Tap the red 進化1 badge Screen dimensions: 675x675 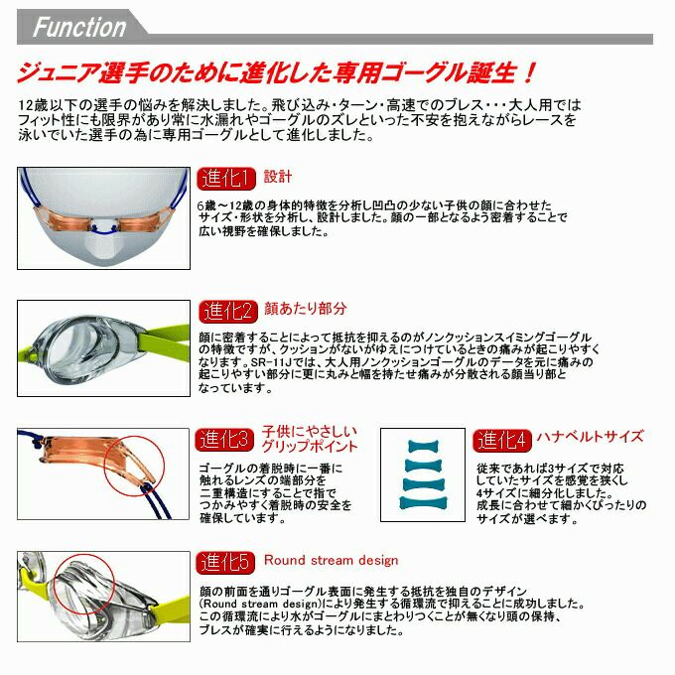(228, 179)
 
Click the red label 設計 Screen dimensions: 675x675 (278, 178)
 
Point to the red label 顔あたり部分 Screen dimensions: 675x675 (306, 310)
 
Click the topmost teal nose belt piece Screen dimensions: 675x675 (424, 446)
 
